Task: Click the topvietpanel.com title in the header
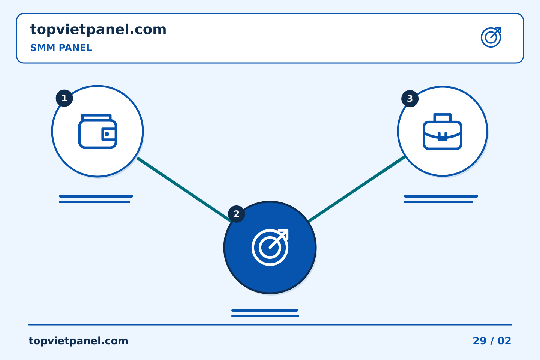tap(98, 30)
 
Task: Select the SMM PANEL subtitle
tap(61, 48)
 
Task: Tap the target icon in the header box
tap(491, 37)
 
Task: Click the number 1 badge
tap(64, 98)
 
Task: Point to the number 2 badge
tap(237, 214)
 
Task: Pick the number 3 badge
tap(410, 99)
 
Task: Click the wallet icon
tap(97, 131)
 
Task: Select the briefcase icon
tap(442, 132)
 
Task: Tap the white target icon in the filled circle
tap(270, 247)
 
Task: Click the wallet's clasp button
tap(107, 134)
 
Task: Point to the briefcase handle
tap(442, 118)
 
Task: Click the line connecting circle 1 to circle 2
tap(184, 189)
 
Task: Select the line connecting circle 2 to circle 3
tap(357, 189)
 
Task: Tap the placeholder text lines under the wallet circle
tap(96, 199)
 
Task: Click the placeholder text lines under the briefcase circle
tap(441, 199)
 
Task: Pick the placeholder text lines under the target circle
tap(265, 313)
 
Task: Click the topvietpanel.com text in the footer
tap(78, 341)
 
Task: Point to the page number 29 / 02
tap(492, 341)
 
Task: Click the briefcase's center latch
tap(442, 137)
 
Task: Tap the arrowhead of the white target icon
tap(284, 234)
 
